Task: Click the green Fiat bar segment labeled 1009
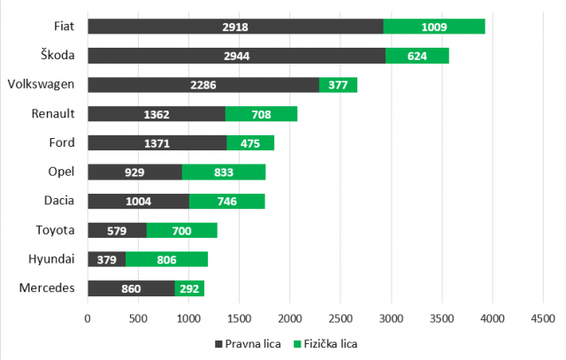(433, 27)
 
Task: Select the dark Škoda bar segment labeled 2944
(236, 56)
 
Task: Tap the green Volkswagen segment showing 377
(338, 85)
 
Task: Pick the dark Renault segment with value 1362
(157, 114)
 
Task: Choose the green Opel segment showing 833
(224, 172)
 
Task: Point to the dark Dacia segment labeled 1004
(138, 201)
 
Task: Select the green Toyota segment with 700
(181, 230)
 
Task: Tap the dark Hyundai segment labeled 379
(106, 259)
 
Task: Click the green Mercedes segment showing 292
(189, 287)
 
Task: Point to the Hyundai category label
(52, 259)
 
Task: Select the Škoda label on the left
(54, 56)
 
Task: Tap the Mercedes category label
(48, 287)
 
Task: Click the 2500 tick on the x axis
(340, 317)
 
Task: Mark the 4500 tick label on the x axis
(542, 317)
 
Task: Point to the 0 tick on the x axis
(88, 317)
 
